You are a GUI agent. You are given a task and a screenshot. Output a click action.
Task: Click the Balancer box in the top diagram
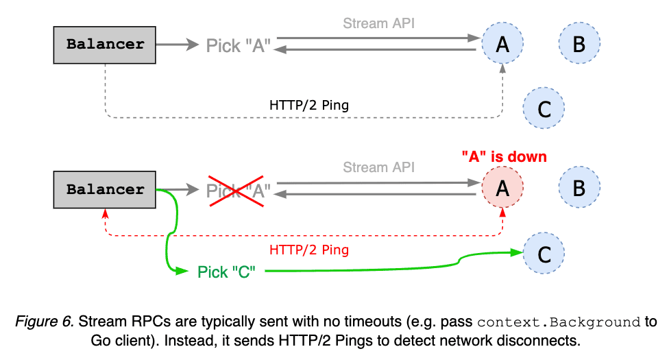coord(105,45)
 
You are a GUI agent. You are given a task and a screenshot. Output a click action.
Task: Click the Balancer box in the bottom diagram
coord(105,190)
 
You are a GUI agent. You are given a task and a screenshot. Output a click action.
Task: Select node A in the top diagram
coord(502,45)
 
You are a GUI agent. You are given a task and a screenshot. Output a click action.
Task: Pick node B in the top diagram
coord(579,45)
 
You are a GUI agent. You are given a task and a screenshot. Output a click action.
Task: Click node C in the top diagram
coord(544,108)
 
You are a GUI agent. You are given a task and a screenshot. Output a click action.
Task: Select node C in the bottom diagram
coord(544,254)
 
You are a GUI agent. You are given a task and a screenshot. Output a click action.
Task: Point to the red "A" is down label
coord(504,157)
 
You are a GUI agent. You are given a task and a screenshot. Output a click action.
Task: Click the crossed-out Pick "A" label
coord(238,190)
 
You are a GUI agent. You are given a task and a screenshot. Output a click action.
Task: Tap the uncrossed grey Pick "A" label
coord(238,46)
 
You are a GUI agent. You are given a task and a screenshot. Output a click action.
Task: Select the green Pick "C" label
coord(226,272)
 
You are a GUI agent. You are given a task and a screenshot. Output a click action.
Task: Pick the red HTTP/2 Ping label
coord(308,250)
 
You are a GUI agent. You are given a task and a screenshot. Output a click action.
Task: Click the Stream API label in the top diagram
coord(378,23)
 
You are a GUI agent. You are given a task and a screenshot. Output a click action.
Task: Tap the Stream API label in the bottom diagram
coord(378,167)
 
